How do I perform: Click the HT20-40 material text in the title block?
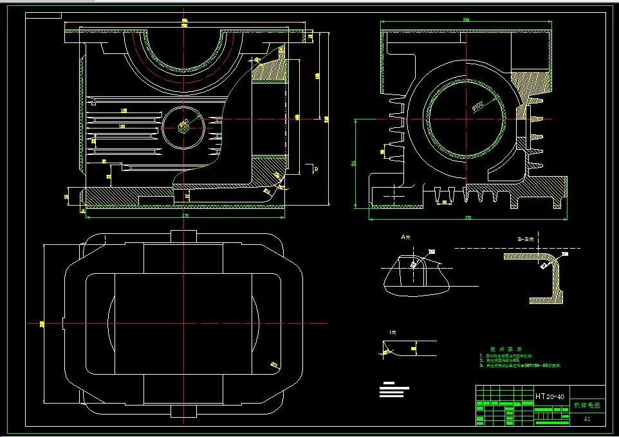550,397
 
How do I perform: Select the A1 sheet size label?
587,419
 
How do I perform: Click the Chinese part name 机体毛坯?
586,397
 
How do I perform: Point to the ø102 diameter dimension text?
478,104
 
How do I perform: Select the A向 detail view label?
405,237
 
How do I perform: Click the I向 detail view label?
393,332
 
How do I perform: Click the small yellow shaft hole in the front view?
184,126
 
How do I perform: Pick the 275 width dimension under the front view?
185,215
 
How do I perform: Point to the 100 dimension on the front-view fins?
122,127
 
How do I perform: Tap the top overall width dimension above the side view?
466,21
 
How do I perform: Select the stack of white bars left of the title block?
394,389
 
